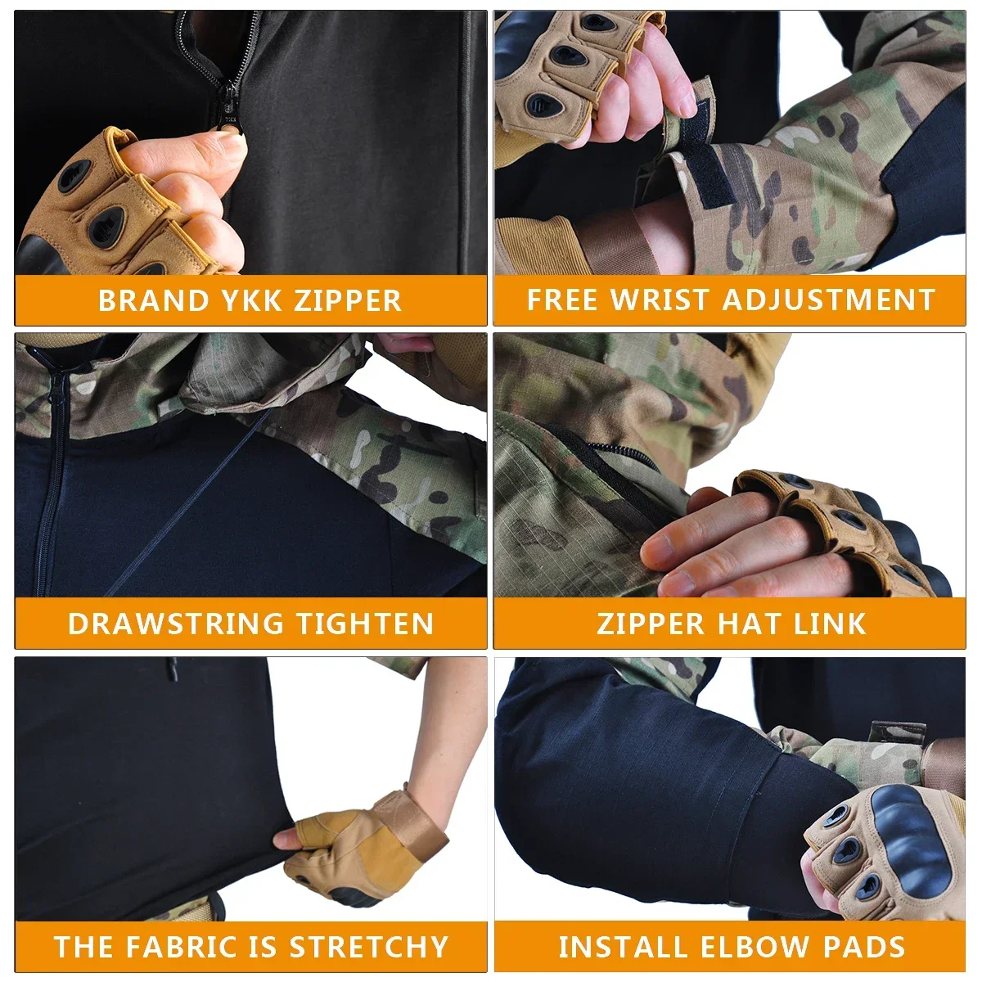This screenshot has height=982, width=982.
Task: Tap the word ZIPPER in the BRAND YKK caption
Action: coord(348,300)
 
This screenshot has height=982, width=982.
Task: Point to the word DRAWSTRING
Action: coord(175,624)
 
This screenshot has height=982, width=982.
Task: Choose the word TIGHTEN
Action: coord(365,624)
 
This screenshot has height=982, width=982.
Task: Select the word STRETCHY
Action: coord(369,947)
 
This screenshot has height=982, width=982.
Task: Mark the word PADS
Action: coord(865,947)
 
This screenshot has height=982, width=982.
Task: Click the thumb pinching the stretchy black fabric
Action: coord(288,837)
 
